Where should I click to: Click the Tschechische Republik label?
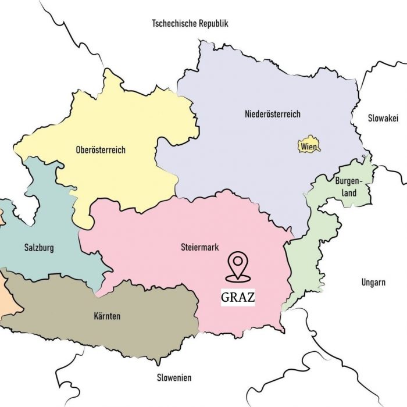point(190,24)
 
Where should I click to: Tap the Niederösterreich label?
point(273,115)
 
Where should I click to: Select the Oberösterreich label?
point(101,150)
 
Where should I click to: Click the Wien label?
point(309,147)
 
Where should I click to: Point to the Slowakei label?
point(383,118)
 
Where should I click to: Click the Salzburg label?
point(39,248)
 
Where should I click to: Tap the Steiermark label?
point(199,248)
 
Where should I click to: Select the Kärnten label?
point(107,316)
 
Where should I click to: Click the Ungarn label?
point(373,283)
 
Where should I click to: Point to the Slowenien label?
point(174,377)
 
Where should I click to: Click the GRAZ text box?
point(238,298)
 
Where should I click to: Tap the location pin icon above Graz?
point(237,266)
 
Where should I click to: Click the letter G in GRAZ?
point(226,298)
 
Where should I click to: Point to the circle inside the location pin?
point(237,261)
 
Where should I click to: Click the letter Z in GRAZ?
point(250,298)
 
